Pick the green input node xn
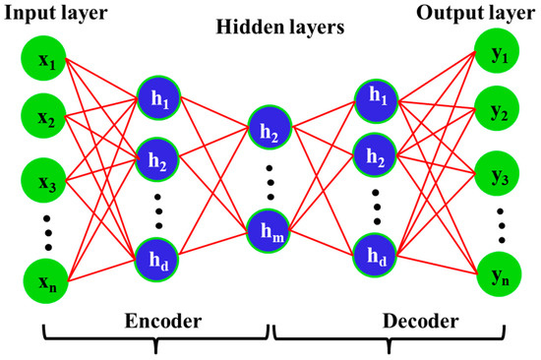coord(46,285)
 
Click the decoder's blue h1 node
coord(376,96)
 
